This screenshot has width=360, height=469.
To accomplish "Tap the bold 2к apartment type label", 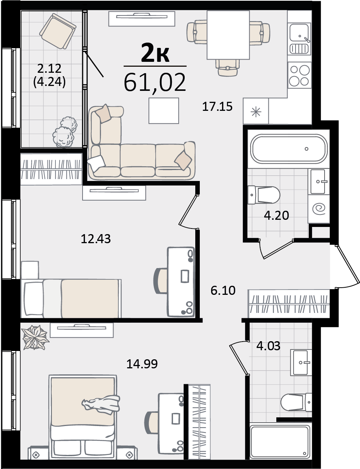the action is coord(155,53).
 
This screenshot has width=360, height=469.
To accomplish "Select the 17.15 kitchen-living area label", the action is coord(217,107).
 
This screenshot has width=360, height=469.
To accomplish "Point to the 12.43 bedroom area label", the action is coord(96,239).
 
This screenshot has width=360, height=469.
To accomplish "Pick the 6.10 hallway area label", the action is coord(223,290).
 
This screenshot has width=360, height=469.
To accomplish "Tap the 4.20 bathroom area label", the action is coord(277,215).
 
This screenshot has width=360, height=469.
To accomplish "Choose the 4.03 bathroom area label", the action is coord(268,346).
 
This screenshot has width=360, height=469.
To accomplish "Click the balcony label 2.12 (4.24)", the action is coord(49,75).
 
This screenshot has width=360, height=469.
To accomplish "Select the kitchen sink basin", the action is coord(299,32).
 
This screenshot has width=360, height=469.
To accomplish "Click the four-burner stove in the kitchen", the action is coord(300,75).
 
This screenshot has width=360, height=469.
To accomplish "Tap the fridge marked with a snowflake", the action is coord(256,111).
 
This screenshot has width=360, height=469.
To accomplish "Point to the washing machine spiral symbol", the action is coord(319,209).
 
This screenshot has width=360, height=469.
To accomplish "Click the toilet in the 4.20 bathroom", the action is coord(263,195).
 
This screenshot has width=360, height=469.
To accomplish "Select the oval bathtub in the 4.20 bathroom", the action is coord(289,149).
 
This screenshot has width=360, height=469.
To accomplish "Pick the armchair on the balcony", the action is coord(58,32).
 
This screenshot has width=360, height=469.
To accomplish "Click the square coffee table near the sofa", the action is coord(164,111).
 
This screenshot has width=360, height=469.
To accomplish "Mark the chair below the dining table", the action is coord(228,67).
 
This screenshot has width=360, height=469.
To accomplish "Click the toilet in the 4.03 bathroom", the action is coord(296,402).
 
